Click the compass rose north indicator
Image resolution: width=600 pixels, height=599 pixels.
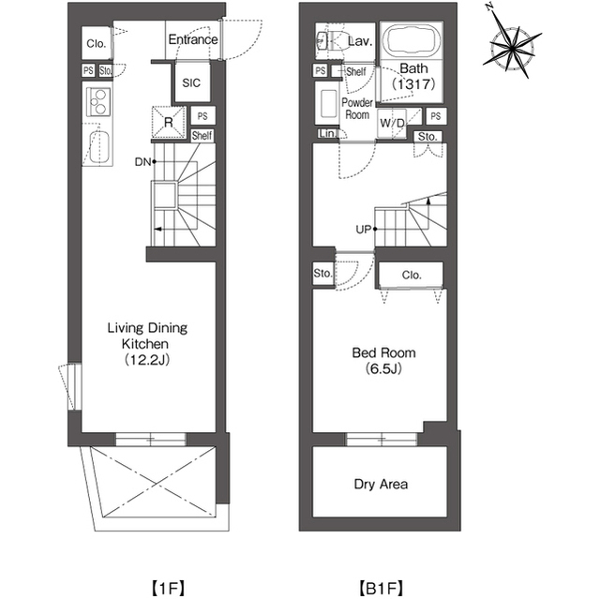pyautogui.click(x=488, y=7)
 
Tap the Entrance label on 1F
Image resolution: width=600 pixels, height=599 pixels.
pyautogui.click(x=193, y=39)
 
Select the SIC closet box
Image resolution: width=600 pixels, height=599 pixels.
pyautogui.click(x=191, y=82)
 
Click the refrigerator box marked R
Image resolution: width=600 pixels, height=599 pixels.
pyautogui.click(x=169, y=122)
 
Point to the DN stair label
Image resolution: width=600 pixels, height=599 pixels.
pyautogui.click(x=142, y=162)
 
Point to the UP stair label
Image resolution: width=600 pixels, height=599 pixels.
pyautogui.click(x=364, y=230)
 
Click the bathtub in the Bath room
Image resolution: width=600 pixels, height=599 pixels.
pyautogui.click(x=412, y=41)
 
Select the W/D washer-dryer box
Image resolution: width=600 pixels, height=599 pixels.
pyautogui.click(x=392, y=123)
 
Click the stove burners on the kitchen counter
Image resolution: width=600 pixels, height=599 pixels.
pyautogui.click(x=98, y=102)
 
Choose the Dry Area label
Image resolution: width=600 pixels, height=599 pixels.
pyautogui.click(x=381, y=485)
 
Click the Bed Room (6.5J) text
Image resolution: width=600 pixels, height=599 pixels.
pyautogui.click(x=383, y=360)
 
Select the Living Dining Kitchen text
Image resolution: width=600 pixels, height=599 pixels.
pyautogui.click(x=147, y=343)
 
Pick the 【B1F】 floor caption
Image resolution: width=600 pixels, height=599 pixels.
pyautogui.click(x=381, y=588)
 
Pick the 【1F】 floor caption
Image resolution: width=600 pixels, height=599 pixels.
pyautogui.click(x=168, y=588)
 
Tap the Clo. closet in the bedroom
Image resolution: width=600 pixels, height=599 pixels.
pyautogui.click(x=412, y=275)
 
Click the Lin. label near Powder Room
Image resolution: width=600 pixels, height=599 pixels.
pyautogui.click(x=327, y=133)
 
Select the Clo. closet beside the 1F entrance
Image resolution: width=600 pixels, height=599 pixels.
pyautogui.click(x=97, y=43)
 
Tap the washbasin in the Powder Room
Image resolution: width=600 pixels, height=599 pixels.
pyautogui.click(x=328, y=103)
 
